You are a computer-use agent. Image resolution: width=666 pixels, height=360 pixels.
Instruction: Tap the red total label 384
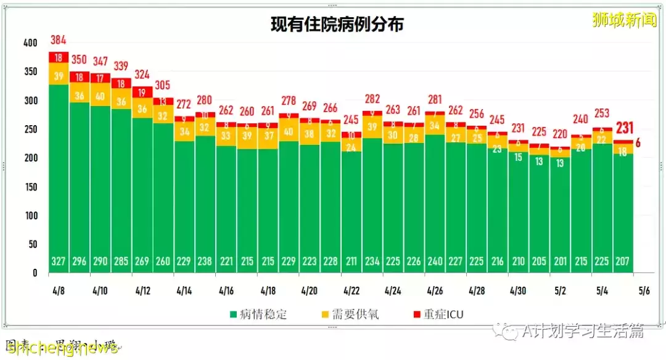coord(58,41)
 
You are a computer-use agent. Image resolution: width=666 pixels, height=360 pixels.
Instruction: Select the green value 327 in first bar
coord(58,261)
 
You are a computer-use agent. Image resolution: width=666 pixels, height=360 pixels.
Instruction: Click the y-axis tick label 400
coord(30,43)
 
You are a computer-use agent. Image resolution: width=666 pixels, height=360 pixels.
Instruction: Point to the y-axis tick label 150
coord(30,187)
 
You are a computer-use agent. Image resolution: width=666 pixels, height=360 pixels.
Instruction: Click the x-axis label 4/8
coord(59,289)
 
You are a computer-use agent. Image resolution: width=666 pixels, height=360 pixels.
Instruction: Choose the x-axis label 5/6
coord(643,289)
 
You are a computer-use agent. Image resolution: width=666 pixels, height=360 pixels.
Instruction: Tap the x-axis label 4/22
coord(351,289)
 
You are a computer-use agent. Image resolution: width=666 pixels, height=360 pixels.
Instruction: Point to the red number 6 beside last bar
coord(638,142)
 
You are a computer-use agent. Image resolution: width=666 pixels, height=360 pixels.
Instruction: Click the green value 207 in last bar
coord(623,261)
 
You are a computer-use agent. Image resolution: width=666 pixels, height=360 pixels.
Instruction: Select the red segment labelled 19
coord(142,92)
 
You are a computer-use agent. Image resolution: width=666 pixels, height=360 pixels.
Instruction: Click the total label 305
coord(163,85)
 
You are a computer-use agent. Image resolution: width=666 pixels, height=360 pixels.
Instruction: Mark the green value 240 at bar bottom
coord(435,261)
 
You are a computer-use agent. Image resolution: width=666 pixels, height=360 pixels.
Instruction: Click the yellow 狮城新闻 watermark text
coord(623,20)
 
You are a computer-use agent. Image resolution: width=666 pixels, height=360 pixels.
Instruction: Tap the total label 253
coord(602,113)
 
